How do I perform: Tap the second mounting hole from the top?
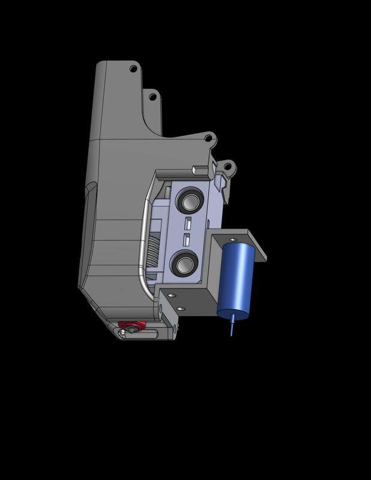(152, 97)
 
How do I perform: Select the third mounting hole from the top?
(208, 139)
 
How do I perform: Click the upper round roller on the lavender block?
(190, 200)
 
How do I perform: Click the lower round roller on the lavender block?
(184, 263)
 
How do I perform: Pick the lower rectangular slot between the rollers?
(186, 240)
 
